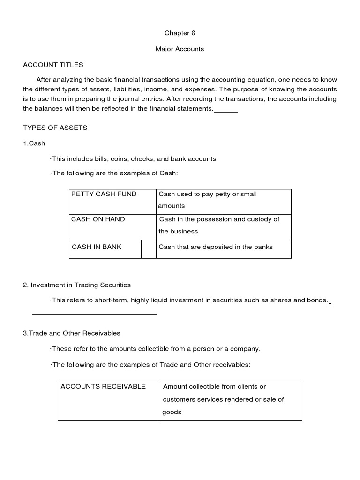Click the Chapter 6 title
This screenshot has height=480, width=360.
click(180, 33)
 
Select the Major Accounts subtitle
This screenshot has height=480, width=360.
click(180, 49)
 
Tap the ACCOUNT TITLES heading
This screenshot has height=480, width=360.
click(53, 65)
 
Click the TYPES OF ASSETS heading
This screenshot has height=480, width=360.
click(55, 127)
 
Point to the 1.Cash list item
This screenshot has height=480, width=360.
click(34, 143)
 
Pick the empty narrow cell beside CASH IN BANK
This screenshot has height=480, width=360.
click(149, 248)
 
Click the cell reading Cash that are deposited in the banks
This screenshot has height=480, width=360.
click(216, 247)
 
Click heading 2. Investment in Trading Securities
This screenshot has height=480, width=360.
click(77, 285)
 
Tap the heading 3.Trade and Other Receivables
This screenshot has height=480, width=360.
click(72, 333)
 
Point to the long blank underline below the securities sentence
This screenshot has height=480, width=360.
click(94, 314)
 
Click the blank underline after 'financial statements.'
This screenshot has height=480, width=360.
click(226, 112)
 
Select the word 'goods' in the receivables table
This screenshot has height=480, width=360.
click(172, 412)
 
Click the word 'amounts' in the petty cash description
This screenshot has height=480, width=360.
click(172, 206)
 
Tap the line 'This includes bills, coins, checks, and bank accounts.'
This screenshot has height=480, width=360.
click(135, 158)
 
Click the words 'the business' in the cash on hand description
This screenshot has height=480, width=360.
click(178, 231)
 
